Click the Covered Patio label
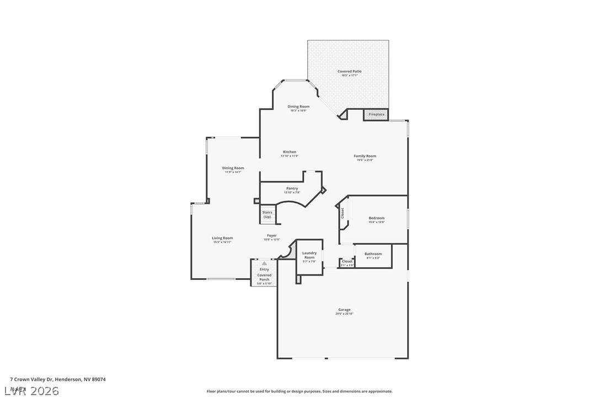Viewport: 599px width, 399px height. tap(349, 71)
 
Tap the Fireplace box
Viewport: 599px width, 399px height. tap(377, 115)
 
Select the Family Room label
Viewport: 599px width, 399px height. tap(365, 156)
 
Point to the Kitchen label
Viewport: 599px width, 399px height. tap(290, 152)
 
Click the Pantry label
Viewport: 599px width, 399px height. tap(292, 188)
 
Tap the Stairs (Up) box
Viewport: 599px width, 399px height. tap(267, 214)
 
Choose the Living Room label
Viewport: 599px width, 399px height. tap(222, 238)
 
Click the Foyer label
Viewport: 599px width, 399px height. tap(272, 235)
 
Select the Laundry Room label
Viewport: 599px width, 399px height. tap(309, 255)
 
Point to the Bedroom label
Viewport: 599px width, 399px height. tap(377, 218)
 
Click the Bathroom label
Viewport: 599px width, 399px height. tap(373, 254)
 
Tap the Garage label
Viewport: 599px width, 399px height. tap(344, 310)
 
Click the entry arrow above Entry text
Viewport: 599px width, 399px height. tap(264, 263)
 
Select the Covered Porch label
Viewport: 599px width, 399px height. tap(264, 277)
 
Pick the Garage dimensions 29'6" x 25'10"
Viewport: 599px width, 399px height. tap(344, 314)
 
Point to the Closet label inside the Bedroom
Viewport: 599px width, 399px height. tap(343, 213)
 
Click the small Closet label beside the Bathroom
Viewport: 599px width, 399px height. tap(347, 261)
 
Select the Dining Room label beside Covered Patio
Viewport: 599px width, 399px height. tap(298, 106)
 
